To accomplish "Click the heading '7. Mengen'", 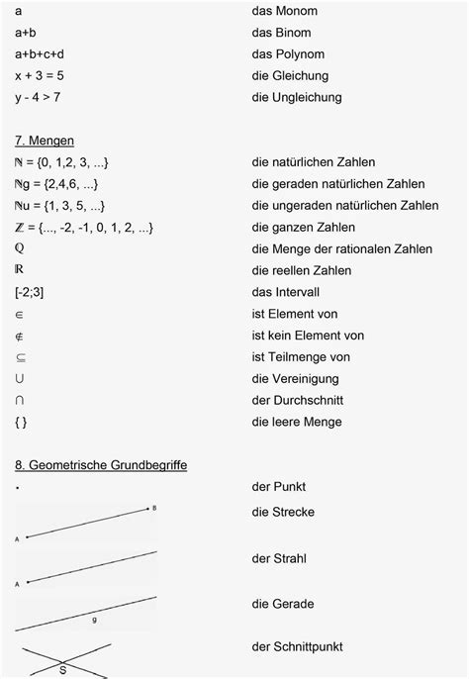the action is click(x=45, y=141).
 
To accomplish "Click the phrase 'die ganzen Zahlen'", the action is click(x=304, y=228).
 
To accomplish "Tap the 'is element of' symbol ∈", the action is click(x=21, y=314).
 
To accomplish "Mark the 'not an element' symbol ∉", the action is click(x=21, y=336).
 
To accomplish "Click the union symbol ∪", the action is click(x=21, y=378).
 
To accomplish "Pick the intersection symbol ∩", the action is click(x=21, y=400).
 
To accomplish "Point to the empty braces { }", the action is click(x=23, y=422).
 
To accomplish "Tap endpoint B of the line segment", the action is click(x=153, y=508).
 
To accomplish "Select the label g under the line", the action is click(x=94, y=620).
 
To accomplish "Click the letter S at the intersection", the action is click(x=62, y=669).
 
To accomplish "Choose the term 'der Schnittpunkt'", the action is click(x=297, y=646).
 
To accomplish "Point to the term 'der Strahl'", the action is click(x=278, y=558).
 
